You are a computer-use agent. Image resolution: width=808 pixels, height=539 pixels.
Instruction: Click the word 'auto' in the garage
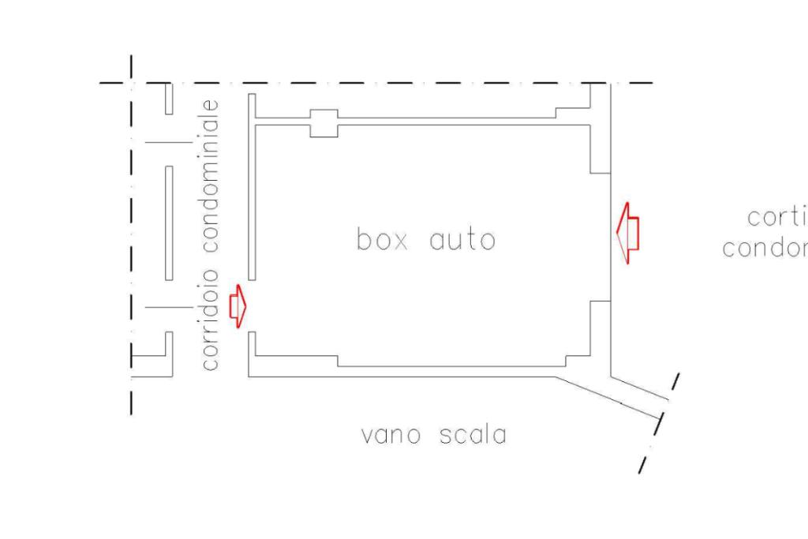[462, 239]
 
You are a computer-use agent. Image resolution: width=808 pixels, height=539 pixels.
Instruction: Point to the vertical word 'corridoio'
[209, 316]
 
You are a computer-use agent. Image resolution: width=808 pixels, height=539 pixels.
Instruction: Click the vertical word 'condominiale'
[209, 174]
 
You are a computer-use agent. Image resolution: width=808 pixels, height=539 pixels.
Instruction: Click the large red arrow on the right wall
[627, 234]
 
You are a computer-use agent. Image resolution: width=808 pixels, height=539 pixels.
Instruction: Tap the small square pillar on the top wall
[324, 123]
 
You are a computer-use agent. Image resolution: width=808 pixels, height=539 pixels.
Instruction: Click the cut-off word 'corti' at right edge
[776, 217]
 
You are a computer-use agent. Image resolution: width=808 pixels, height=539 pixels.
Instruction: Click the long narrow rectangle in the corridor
[169, 223]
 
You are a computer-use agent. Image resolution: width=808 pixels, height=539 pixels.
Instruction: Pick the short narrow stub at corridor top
[169, 98]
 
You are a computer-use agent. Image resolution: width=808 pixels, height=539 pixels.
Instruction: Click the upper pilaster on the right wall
[600, 148]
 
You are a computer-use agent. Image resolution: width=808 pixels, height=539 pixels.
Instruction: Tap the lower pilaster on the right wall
[600, 327]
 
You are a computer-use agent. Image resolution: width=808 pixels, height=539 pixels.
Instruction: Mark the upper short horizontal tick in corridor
[168, 143]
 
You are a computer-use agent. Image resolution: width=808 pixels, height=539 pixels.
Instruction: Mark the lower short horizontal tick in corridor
[168, 307]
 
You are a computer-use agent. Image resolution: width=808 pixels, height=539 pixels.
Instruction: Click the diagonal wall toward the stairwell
[608, 391]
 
